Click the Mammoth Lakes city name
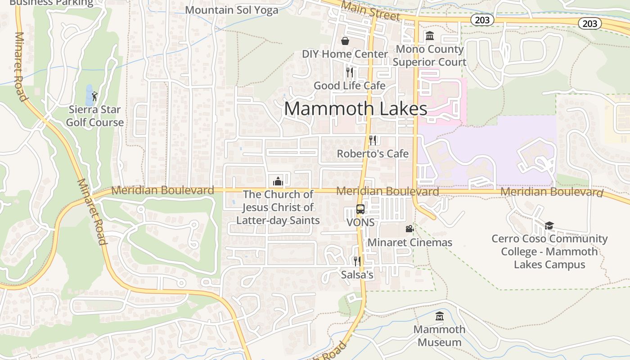pos(355,109)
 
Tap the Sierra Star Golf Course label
pos(94,116)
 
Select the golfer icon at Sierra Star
pos(94,96)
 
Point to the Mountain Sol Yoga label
pos(231,10)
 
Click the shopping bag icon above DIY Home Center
pos(345,41)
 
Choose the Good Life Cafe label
pos(349,85)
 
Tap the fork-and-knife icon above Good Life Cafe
pos(350,72)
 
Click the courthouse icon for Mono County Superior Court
pos(429,36)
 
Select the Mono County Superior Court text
pos(429,55)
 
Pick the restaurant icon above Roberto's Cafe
pos(373,140)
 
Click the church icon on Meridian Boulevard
pos(278,181)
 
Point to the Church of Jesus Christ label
pos(278,207)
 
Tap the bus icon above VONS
pos(360,209)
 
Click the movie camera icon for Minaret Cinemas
pos(409,229)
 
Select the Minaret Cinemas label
pos(409,243)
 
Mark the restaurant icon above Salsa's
pos(357,261)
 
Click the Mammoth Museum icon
pos(440,316)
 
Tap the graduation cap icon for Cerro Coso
pos(549,225)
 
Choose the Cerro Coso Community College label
pos(549,251)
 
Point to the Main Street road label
pos(370,11)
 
